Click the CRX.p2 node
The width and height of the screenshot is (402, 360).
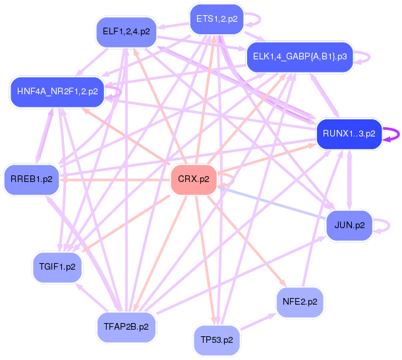(x=194, y=179)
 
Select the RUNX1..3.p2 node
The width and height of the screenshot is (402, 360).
(x=349, y=134)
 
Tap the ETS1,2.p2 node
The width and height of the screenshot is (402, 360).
(x=216, y=19)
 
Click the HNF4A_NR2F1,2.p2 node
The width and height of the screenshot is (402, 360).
(x=57, y=91)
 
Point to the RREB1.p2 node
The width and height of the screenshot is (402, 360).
(x=31, y=178)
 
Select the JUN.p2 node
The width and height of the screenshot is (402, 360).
(x=349, y=225)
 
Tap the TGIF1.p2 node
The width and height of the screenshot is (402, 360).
(x=57, y=267)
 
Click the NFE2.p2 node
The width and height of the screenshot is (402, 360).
(x=300, y=301)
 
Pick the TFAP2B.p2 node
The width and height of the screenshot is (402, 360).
(x=126, y=326)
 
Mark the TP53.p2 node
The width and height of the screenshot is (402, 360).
(x=217, y=340)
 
